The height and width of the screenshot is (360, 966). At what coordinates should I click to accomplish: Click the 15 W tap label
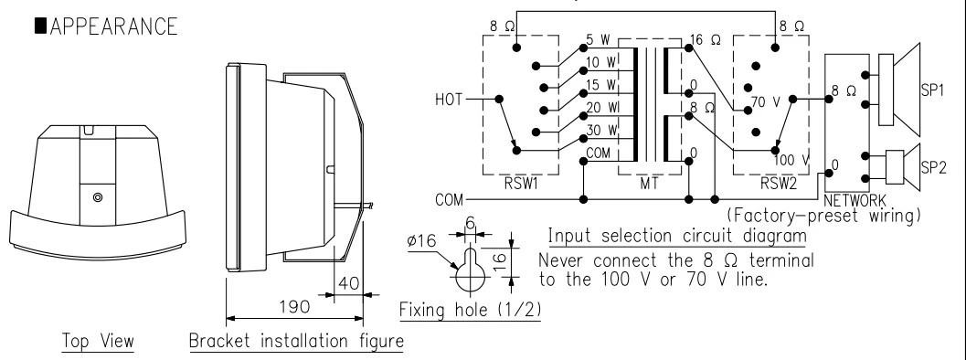coord(600,85)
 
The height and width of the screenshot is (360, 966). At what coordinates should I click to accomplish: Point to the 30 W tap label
coord(600,130)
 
